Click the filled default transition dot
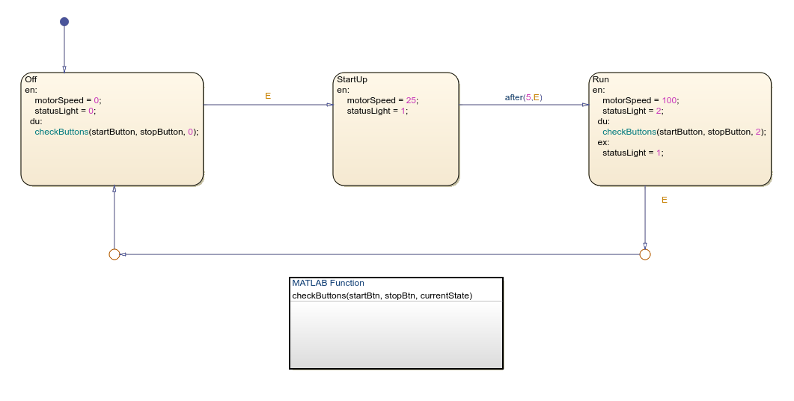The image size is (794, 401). [64, 22]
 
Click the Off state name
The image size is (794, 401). [31, 79]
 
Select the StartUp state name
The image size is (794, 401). [352, 79]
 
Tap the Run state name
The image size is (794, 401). [600, 79]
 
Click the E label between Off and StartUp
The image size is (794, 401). [268, 96]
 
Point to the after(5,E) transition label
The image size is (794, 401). [523, 97]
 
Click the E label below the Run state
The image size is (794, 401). [664, 200]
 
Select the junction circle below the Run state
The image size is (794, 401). [645, 254]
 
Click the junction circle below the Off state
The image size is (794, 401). [114, 254]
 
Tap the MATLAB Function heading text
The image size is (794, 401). [328, 283]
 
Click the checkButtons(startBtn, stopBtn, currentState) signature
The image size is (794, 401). [382, 296]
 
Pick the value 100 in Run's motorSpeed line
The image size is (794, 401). [669, 100]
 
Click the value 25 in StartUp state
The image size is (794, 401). [411, 100]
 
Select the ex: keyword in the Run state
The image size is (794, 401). [603, 142]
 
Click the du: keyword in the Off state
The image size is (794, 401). [36, 121]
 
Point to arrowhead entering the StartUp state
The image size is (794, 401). [329, 105]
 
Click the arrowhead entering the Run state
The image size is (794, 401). [585, 105]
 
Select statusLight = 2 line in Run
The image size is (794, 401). [632, 111]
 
